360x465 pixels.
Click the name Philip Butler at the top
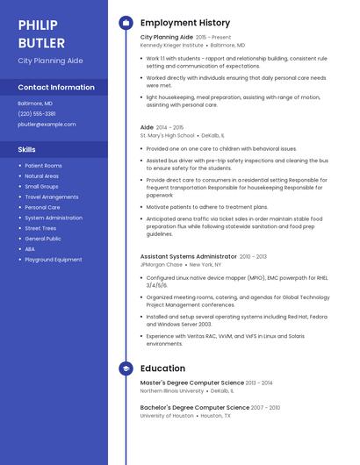click(x=43, y=33)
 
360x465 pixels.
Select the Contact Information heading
click(x=56, y=88)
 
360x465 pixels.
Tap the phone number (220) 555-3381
click(x=37, y=114)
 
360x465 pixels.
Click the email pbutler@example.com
click(x=47, y=125)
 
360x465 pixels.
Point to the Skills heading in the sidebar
click(x=26, y=149)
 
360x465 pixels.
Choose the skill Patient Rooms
click(x=43, y=166)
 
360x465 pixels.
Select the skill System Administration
click(x=54, y=218)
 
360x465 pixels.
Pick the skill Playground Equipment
click(x=54, y=260)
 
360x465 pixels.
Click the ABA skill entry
click(x=30, y=249)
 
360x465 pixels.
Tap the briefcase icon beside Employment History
click(x=126, y=23)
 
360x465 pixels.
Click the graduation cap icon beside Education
click(x=126, y=368)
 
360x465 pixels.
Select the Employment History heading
click(x=185, y=23)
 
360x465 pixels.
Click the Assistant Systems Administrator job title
click(x=189, y=256)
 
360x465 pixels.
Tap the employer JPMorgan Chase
click(x=162, y=264)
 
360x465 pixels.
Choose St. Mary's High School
click(x=168, y=136)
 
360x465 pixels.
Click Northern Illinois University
click(x=172, y=390)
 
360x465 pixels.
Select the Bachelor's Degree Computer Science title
click(x=195, y=408)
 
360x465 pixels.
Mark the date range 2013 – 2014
click(x=260, y=383)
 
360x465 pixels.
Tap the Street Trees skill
click(x=40, y=228)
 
